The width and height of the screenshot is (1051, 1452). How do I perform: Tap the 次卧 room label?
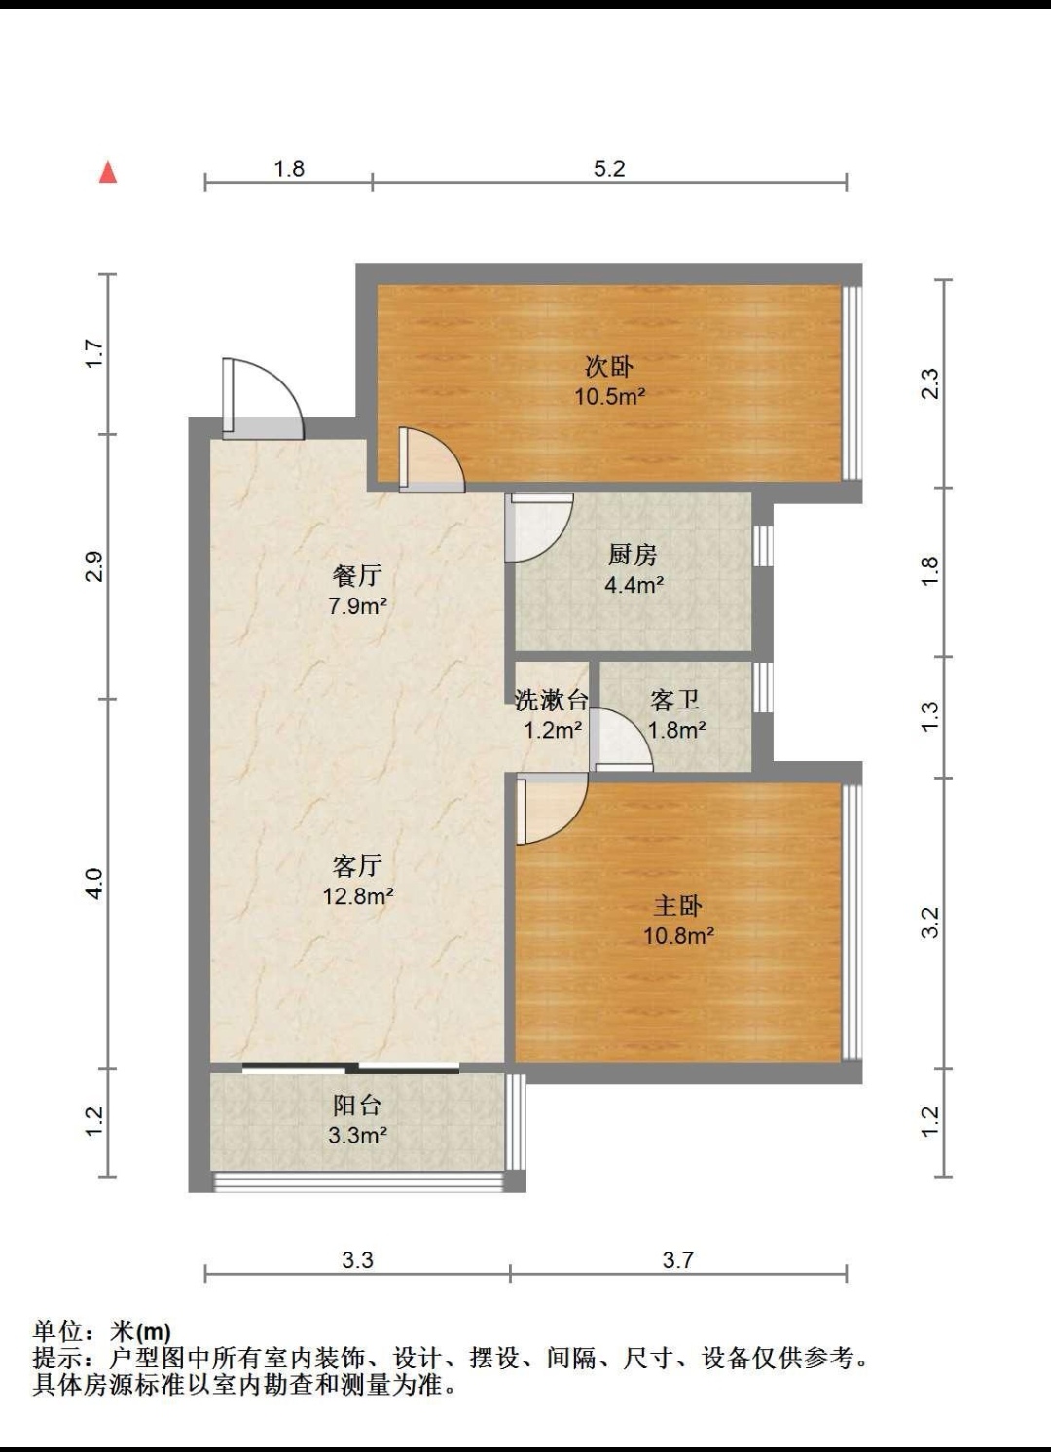tap(609, 368)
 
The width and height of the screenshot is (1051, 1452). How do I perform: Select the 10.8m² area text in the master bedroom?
tap(678, 935)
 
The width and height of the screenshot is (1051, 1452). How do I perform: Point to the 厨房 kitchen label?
tap(633, 555)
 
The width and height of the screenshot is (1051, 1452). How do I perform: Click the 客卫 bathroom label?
tap(675, 700)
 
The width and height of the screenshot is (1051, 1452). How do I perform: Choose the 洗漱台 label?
tap(551, 700)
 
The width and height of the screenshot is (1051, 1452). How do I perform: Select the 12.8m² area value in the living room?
tap(358, 896)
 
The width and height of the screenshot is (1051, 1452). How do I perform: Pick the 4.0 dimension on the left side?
tap(95, 883)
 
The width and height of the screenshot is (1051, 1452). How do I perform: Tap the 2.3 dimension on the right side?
tap(929, 383)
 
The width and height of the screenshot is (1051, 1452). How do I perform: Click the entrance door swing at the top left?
tap(263, 397)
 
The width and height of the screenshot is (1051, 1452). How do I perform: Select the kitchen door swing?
tap(539, 528)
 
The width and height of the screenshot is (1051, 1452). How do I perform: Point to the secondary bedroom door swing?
tap(432, 459)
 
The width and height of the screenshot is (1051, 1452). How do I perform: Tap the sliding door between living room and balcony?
tap(350, 1068)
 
